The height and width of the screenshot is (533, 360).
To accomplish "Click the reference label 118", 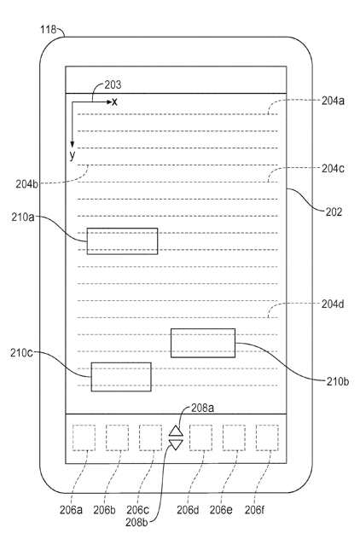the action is point(48,30).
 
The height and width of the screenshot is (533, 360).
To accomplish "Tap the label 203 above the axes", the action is point(113,84).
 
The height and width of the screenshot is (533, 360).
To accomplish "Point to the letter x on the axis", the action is point(114,102).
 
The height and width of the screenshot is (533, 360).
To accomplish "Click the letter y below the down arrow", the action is point(72,156).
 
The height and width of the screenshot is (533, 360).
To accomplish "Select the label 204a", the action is point(333,101).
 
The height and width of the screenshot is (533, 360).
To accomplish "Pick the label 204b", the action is point(26,184).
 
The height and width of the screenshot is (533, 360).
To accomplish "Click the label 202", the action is point(334,212).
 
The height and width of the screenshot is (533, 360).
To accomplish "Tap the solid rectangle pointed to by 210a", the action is point(122,241).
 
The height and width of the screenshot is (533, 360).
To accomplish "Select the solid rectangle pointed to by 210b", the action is point(203,343).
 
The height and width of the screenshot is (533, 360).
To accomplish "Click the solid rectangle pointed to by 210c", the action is point(121,377).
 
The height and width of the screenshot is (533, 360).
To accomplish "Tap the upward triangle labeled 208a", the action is point(176,431).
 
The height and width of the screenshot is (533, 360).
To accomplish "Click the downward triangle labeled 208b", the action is point(176,444).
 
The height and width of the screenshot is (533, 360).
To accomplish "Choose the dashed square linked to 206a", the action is point(84,437).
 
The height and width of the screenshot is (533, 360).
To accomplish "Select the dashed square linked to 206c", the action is point(151,437).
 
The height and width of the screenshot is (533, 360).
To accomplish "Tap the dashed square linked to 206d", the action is point(201,437).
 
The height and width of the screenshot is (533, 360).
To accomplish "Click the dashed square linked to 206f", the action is point(267,437).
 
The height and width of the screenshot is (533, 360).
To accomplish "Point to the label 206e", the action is point(221,510).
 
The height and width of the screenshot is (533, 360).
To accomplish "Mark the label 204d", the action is point(333,304).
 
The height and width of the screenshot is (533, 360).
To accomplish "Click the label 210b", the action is point(338,382).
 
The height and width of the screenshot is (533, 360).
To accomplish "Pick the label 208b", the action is point(136,523).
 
